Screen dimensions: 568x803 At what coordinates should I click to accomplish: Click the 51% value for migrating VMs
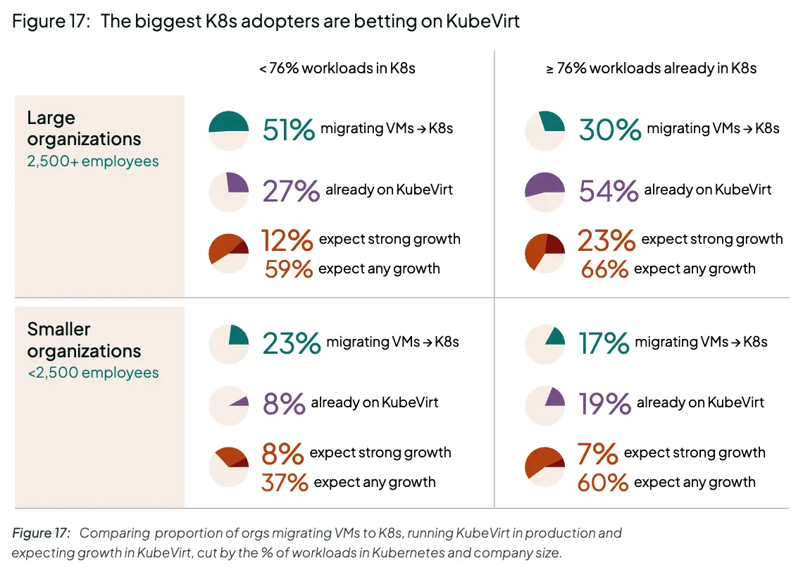(288, 130)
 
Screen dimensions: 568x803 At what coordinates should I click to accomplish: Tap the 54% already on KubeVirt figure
(608, 190)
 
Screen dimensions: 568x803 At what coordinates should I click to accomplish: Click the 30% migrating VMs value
(609, 130)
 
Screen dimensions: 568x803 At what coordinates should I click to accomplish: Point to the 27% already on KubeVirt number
(291, 190)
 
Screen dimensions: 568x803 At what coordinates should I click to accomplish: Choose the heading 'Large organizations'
(84, 128)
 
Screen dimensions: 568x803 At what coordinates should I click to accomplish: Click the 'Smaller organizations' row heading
(84, 340)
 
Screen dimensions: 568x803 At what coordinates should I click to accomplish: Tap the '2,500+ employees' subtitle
(93, 161)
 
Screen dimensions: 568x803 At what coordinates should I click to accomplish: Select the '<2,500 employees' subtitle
(93, 373)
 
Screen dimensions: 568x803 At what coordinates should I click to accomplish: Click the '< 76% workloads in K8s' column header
(337, 68)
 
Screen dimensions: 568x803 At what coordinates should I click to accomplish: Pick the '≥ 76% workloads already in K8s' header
(652, 68)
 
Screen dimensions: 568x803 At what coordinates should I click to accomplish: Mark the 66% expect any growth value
(604, 269)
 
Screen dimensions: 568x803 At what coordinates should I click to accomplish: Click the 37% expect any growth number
(285, 483)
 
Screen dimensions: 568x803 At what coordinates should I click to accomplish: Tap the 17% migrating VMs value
(603, 343)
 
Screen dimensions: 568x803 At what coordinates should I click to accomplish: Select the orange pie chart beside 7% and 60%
(545, 467)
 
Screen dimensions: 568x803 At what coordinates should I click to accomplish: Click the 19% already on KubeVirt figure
(604, 404)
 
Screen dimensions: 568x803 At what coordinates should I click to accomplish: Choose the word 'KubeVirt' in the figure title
(483, 21)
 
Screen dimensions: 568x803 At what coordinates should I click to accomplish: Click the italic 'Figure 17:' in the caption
(41, 533)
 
